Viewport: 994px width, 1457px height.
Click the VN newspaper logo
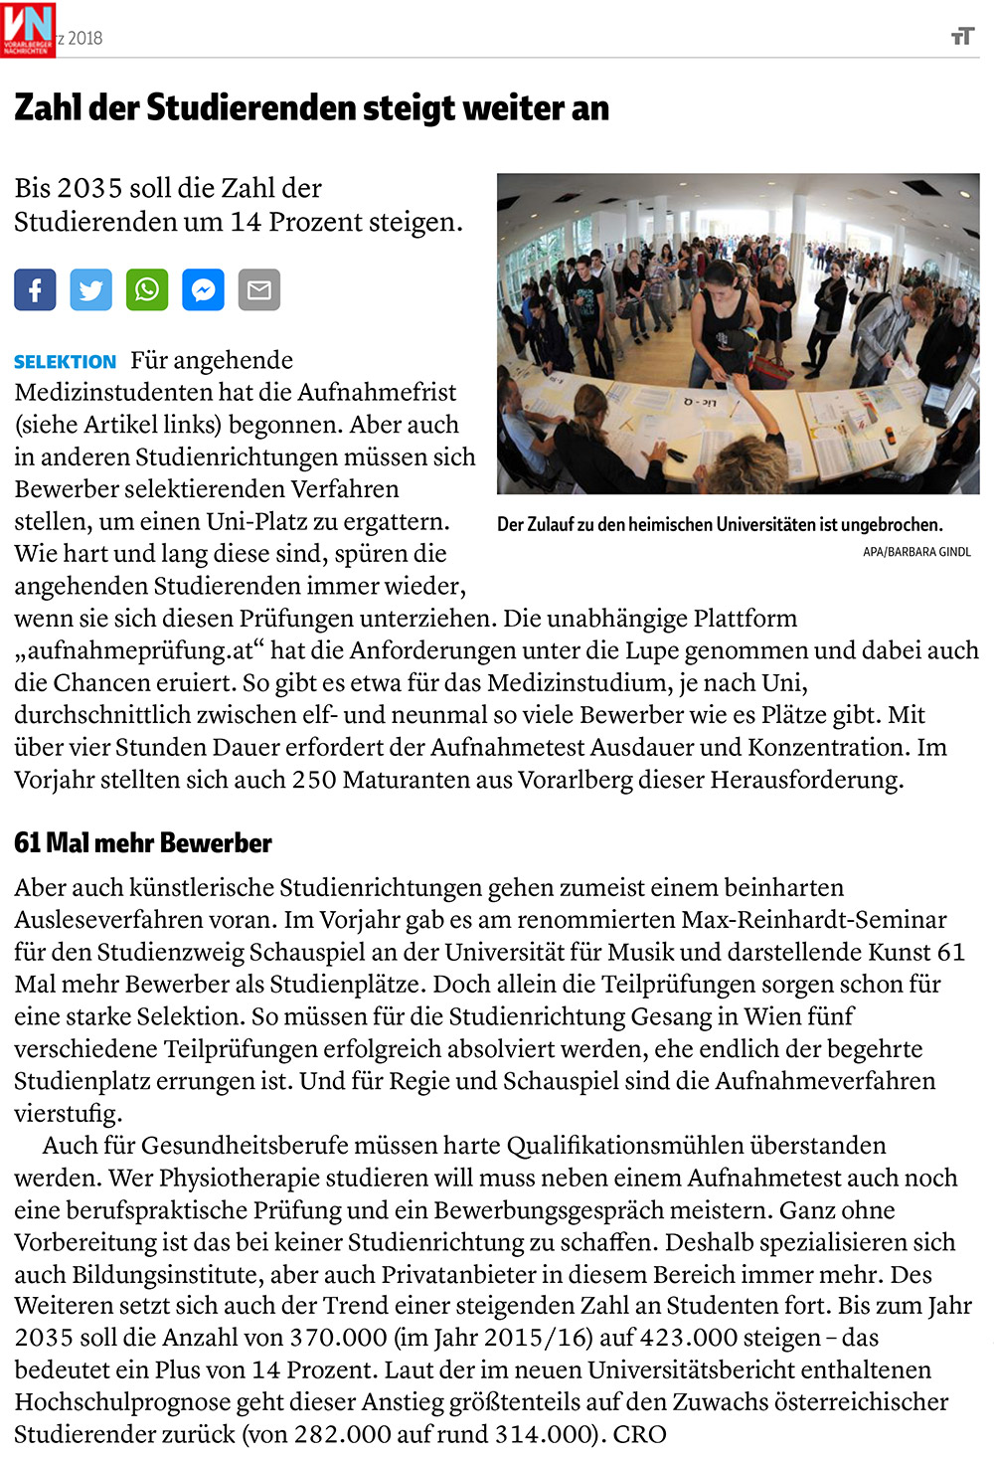pos(28,29)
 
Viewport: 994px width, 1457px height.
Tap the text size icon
pos(961,37)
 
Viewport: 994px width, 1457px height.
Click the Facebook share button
pos(35,289)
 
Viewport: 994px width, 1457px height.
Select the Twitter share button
pos(90,289)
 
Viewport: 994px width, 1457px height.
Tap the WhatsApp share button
pos(147,289)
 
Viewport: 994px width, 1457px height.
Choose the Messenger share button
pos(203,289)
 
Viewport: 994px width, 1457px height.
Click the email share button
pos(259,289)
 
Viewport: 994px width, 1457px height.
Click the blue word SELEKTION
pos(65,362)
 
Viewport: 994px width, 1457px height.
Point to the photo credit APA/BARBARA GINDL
pos(916,552)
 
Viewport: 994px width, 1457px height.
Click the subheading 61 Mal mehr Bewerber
pos(143,843)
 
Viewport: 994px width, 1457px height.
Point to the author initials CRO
pos(639,1434)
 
